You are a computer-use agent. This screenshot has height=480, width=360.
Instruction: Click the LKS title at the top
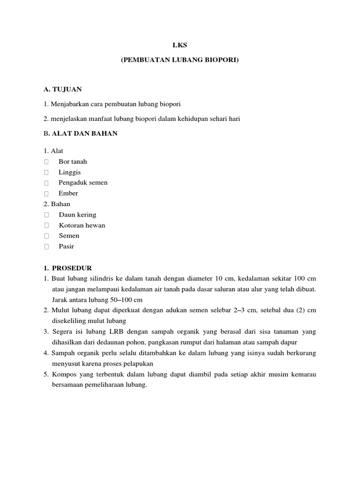point(180,45)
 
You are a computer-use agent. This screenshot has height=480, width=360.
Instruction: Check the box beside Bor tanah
point(46,162)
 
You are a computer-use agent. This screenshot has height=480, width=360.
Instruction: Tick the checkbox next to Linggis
point(46,172)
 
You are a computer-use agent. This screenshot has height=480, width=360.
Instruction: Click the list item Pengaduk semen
point(83,183)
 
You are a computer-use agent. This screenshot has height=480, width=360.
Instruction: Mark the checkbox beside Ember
point(46,194)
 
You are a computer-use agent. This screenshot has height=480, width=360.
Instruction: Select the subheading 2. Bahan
point(57,204)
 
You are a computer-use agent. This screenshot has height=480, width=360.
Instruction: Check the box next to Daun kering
point(46,215)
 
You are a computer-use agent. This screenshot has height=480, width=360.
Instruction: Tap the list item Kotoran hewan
point(82,225)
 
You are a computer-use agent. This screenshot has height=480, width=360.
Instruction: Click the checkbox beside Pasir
point(46,247)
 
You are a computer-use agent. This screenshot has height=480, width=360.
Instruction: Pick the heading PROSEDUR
point(72,268)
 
